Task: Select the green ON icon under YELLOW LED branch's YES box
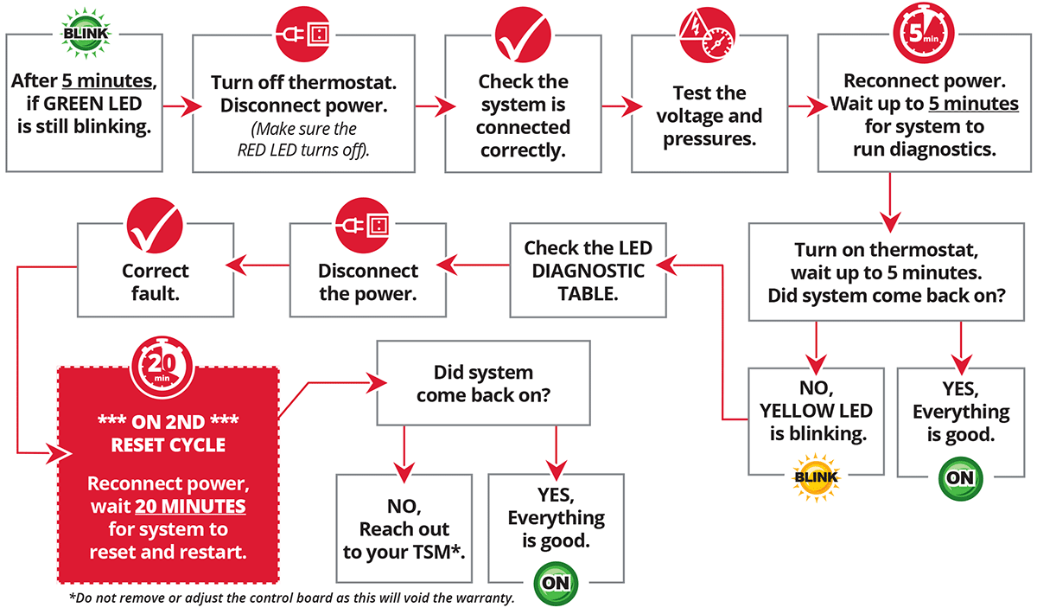[959, 477]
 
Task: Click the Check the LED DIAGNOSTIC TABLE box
[588, 271]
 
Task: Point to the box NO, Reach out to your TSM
[404, 529]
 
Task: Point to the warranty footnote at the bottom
[291, 598]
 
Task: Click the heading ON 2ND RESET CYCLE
[169, 435]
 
